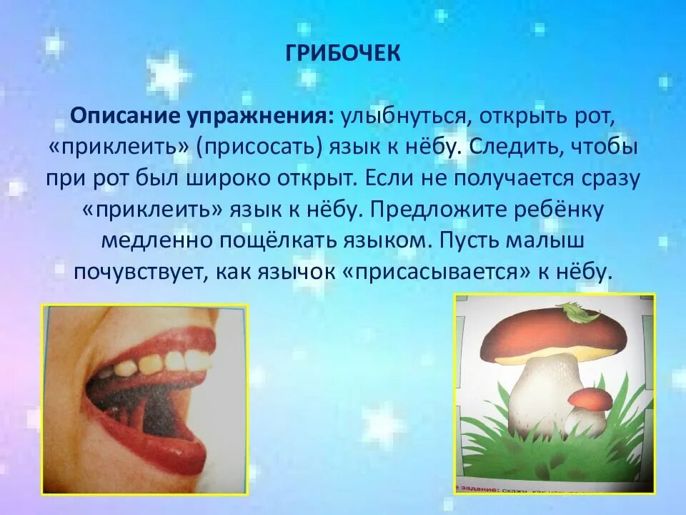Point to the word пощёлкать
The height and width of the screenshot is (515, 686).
269,241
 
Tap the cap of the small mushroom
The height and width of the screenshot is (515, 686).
590,398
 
